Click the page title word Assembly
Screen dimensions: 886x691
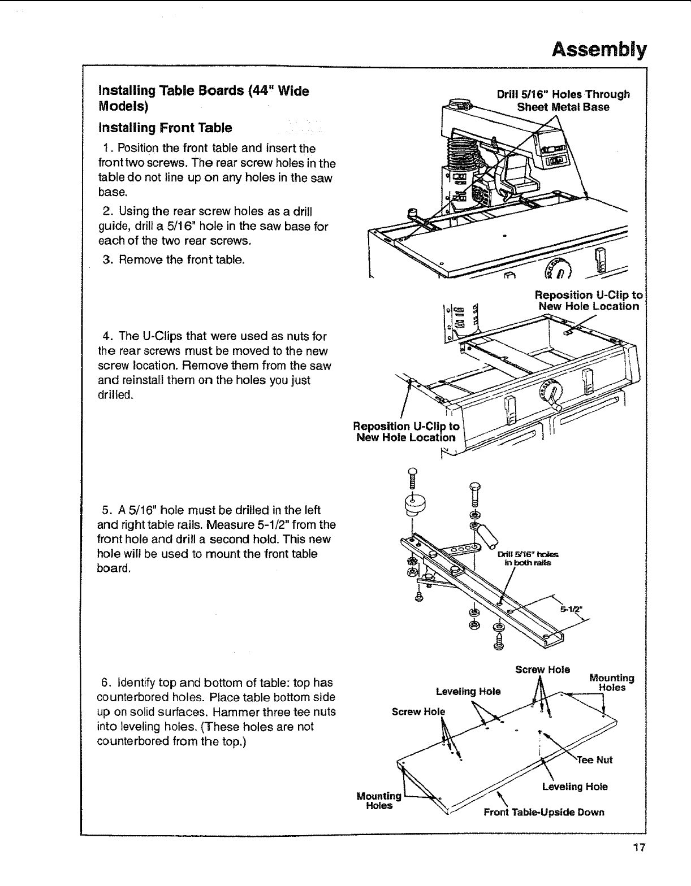pyautogui.click(x=599, y=50)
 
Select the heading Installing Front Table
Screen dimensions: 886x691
pyautogui.click(x=165, y=128)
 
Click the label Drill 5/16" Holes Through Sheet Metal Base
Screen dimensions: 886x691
pyautogui.click(x=563, y=101)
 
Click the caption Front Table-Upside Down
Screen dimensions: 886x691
pyautogui.click(x=543, y=813)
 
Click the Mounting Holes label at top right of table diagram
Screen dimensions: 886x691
pyautogui.click(x=611, y=683)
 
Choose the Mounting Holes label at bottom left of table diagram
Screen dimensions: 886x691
pyautogui.click(x=379, y=801)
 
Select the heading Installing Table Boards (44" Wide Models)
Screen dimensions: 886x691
pyautogui.click(x=204, y=98)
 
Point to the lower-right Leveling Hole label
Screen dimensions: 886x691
pyautogui.click(x=575, y=787)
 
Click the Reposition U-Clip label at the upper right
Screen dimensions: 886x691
pyautogui.click(x=589, y=301)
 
